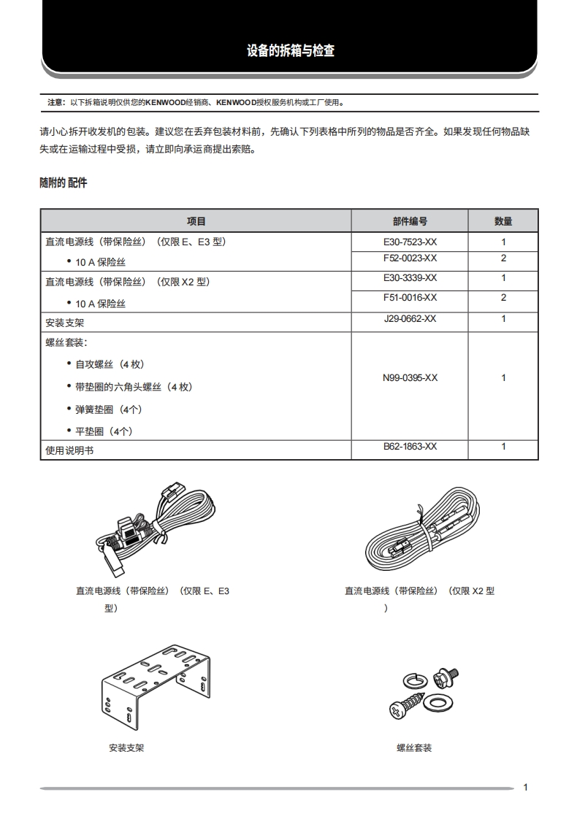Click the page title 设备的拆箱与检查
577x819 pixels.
[291, 51]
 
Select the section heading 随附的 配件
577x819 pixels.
[63, 182]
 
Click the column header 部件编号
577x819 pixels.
[410, 221]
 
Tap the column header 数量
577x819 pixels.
[503, 221]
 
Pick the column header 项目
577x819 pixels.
[196, 221]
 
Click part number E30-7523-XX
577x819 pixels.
[410, 242]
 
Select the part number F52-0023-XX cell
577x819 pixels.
[410, 258]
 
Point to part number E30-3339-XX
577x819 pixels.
[410, 278]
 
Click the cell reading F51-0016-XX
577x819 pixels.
[410, 298]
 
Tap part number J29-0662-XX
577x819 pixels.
[410, 319]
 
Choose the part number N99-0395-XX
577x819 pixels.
[410, 378]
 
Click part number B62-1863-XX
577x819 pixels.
[410, 446]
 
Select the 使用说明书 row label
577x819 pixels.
[69, 451]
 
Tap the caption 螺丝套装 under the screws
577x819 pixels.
[414, 748]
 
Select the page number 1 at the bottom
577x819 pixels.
[526, 787]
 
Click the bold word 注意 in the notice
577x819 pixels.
[55, 103]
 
